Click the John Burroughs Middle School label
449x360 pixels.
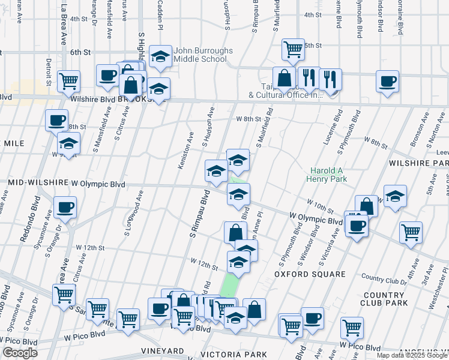(200, 55)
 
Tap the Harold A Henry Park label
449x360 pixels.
(328, 175)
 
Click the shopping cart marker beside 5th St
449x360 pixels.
(293, 50)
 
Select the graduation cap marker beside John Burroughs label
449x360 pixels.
(160, 58)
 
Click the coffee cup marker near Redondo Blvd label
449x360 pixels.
(65, 209)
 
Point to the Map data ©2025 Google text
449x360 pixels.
(412, 355)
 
